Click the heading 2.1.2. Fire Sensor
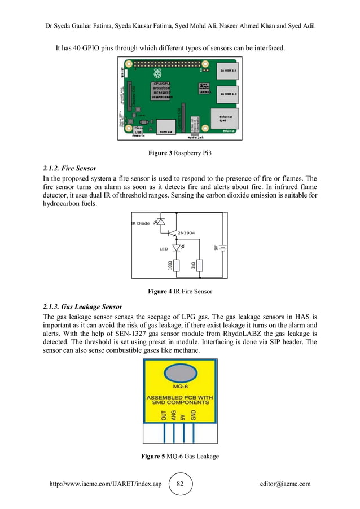point(70,168)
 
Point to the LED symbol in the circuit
point(177,248)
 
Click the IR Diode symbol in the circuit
point(160,223)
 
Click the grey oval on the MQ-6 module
point(180,374)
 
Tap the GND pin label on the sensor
point(194,416)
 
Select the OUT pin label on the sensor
point(164,416)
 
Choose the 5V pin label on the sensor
point(183,416)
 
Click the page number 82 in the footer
point(180,484)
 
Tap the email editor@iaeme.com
point(285,484)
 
